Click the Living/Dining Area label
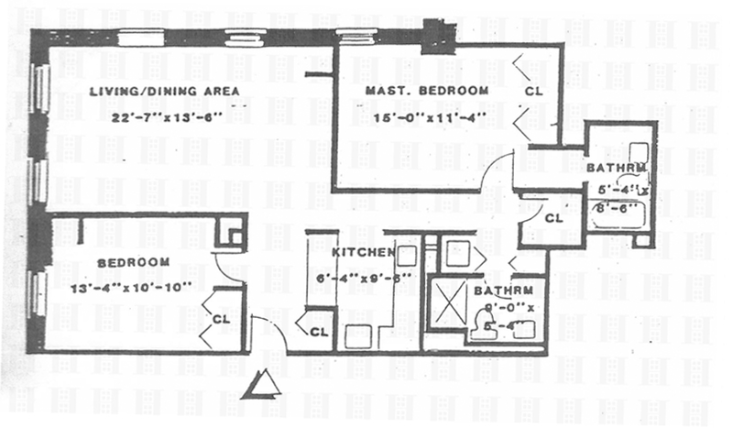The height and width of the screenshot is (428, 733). coord(164,91)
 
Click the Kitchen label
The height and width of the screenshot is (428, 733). coord(363,253)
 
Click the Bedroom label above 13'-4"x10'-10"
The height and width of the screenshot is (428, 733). coord(133,263)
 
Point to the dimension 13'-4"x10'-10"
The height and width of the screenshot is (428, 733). coord(130,285)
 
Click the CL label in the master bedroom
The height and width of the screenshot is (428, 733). coord(534,92)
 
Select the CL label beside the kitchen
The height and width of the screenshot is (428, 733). coord(319,331)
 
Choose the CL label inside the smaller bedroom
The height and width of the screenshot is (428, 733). coord(222,318)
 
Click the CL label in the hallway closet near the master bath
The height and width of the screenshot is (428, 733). coord(552,219)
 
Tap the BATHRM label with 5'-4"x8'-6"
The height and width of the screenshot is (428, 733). coord(621,166)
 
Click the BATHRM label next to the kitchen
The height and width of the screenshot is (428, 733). coord(498,291)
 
